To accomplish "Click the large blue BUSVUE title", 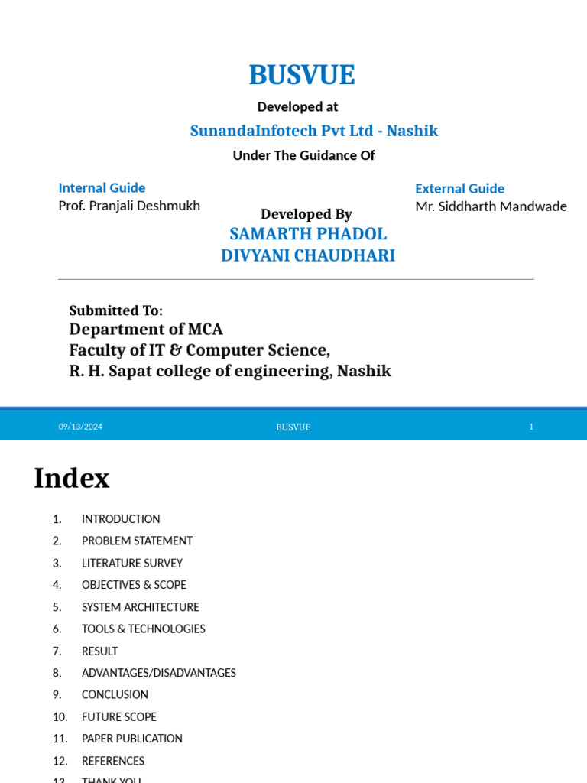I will click(x=301, y=75).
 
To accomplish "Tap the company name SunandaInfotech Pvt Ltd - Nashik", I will click(x=313, y=131).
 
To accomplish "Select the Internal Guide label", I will click(x=102, y=187).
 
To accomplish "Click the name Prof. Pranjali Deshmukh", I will click(x=129, y=206).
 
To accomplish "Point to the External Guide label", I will click(x=459, y=188).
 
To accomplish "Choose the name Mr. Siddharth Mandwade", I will click(x=491, y=206).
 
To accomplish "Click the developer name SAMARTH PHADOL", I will click(x=308, y=234).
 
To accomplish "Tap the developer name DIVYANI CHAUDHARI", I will click(x=308, y=255).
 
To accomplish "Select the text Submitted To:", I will click(x=115, y=310).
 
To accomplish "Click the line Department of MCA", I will click(x=146, y=330).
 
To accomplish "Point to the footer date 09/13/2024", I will click(x=80, y=427).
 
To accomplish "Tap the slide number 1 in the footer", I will click(x=531, y=427).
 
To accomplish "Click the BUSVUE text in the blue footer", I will click(x=293, y=427).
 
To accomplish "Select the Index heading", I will click(x=72, y=479).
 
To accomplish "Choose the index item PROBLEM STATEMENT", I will click(x=137, y=541).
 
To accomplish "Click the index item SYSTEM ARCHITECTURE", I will click(x=140, y=607).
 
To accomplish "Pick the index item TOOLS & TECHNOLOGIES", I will click(x=143, y=629).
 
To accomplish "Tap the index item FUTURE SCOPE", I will click(x=118, y=717).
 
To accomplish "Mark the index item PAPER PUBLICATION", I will click(x=131, y=739).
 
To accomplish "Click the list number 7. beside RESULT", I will click(x=57, y=651).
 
